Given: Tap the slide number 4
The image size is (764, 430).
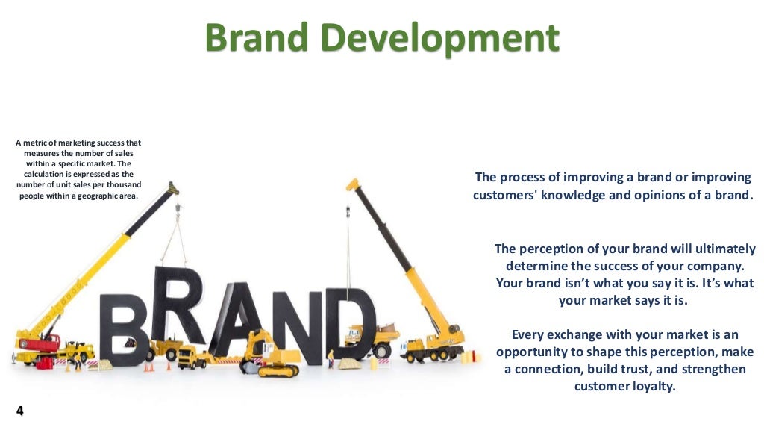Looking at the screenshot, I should coord(19,411).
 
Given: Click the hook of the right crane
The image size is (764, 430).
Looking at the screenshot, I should coord(348,216).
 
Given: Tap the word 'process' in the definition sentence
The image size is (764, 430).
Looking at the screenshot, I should coord(531,178).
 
